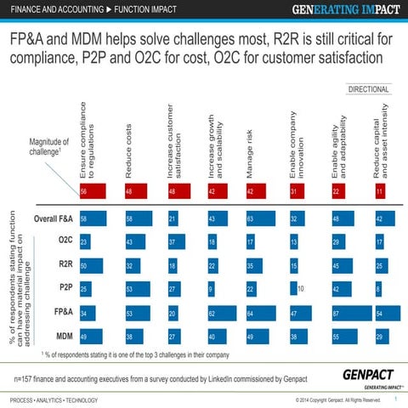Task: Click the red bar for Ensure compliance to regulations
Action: (x=92, y=192)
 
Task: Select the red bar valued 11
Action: (x=380, y=192)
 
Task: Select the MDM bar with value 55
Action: (x=344, y=336)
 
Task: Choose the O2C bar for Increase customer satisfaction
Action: (x=176, y=242)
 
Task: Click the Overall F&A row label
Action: (x=53, y=218)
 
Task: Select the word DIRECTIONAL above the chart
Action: (x=368, y=89)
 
